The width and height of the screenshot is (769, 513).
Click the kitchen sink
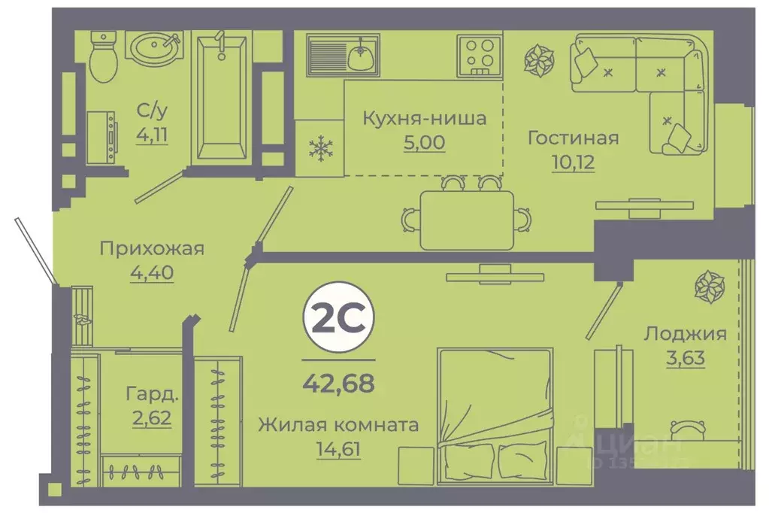pos(344,54)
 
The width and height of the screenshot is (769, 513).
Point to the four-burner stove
pos(478,54)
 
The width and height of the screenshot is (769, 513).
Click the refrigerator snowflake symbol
pos(320,148)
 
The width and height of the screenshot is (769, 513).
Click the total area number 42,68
pos(338,384)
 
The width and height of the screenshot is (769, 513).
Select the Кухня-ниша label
pos(424,118)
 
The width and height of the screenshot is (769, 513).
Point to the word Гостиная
pos(572,138)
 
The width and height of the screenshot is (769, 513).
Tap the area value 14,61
pos(338,450)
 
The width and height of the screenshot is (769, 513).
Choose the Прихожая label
pos(153,249)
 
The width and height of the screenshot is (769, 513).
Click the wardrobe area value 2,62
pos(152,417)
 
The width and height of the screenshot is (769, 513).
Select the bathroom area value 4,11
pos(152,135)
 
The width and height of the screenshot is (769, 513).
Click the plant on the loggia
pos(708,286)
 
